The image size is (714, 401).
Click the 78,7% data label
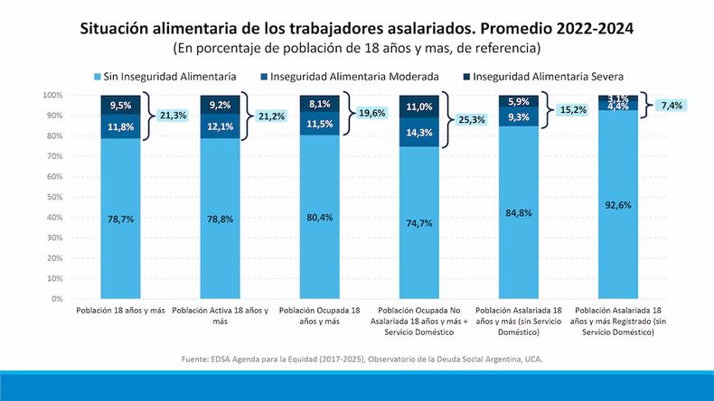tap(120, 219)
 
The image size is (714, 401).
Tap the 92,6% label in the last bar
tap(619, 205)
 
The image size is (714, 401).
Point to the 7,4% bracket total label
tap(671, 105)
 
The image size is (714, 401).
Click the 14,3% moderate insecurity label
tap(419, 132)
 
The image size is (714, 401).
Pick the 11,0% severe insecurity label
tap(419, 107)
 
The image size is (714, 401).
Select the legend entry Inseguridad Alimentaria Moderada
tap(355, 77)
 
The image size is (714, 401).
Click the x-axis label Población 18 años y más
tap(120, 311)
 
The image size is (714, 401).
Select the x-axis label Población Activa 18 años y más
tap(220, 315)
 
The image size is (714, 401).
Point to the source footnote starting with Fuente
tap(362, 359)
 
